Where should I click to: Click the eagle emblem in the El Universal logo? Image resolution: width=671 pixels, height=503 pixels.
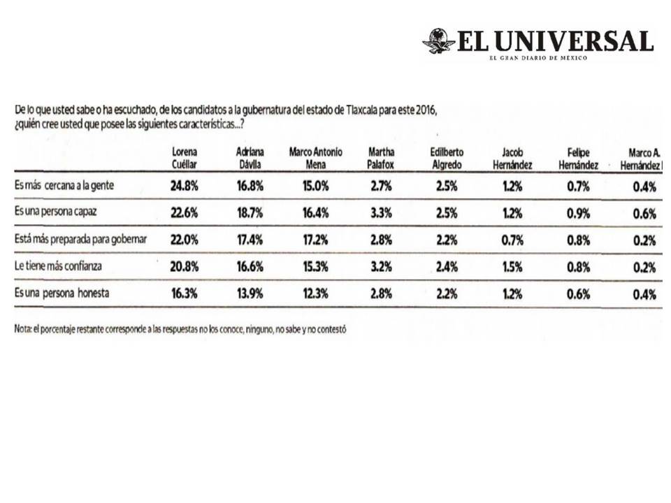pyautogui.click(x=438, y=41)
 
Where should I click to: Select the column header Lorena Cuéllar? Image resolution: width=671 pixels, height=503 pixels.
pyautogui.click(x=185, y=158)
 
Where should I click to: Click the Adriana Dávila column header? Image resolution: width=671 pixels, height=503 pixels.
pyautogui.click(x=250, y=158)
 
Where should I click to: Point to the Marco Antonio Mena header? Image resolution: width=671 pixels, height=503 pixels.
pyautogui.click(x=316, y=158)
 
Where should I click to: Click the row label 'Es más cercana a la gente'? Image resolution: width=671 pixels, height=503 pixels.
pyautogui.click(x=64, y=186)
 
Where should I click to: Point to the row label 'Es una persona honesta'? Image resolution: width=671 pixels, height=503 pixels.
pyautogui.click(x=62, y=293)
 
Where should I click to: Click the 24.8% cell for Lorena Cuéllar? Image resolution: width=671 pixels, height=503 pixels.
pyautogui.click(x=185, y=187)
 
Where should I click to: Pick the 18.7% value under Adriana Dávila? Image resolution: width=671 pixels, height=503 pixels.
pyautogui.click(x=250, y=214)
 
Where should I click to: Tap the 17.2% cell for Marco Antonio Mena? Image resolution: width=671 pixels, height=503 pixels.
pyautogui.click(x=316, y=240)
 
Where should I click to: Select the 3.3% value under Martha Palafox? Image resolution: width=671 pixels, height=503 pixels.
pyautogui.click(x=382, y=214)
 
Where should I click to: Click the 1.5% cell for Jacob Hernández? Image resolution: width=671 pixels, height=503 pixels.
pyautogui.click(x=512, y=267)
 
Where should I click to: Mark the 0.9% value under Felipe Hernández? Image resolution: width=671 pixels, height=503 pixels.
pyautogui.click(x=578, y=214)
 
